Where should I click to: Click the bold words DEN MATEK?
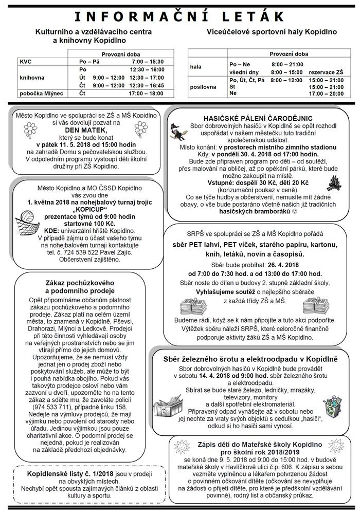(77, 131)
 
